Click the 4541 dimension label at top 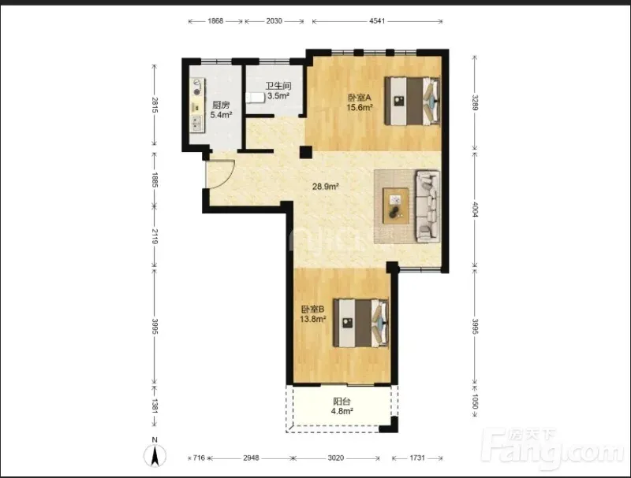pyautogui.click(x=377, y=21)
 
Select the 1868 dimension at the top pyautogui.click(x=215, y=21)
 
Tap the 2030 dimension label pyautogui.click(x=274, y=21)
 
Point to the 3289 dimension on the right pyautogui.click(x=475, y=102)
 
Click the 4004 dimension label pyautogui.click(x=475, y=209)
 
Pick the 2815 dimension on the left pyautogui.click(x=155, y=105)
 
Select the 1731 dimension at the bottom pyautogui.click(x=417, y=458)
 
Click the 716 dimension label pyautogui.click(x=200, y=458)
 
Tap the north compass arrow pyautogui.click(x=155, y=456)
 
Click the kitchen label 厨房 pyautogui.click(x=221, y=106)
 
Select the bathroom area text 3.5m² pyautogui.click(x=278, y=96)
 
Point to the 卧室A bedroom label pyautogui.click(x=359, y=98)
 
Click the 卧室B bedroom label pyautogui.click(x=312, y=309)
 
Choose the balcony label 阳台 pyautogui.click(x=342, y=402)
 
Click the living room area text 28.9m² pyautogui.click(x=325, y=187)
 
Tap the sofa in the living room pyautogui.click(x=428, y=206)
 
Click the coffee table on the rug pyautogui.click(x=396, y=206)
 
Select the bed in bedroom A pyautogui.click(x=412, y=101)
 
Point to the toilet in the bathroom pyautogui.click(x=255, y=97)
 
